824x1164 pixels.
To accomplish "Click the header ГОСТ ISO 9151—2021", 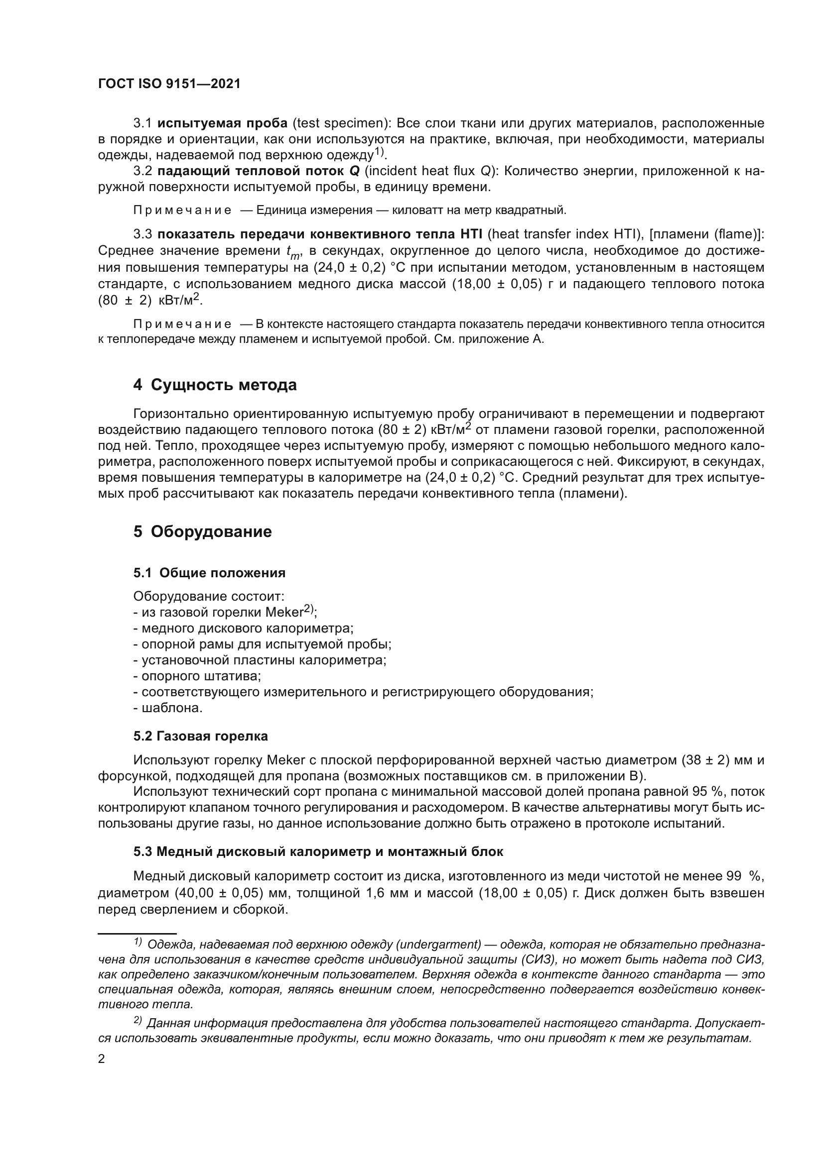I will pos(169,84).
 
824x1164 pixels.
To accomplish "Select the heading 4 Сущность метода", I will pos(215,385).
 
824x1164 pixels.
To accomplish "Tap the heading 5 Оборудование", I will pos(202,531).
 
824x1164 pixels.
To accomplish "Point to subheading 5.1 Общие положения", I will pos(209,573).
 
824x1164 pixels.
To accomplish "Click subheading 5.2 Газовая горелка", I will pos(200,736).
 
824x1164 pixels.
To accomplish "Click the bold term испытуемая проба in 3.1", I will pos(222,123).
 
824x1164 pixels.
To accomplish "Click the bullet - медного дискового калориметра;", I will pos(243,629).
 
